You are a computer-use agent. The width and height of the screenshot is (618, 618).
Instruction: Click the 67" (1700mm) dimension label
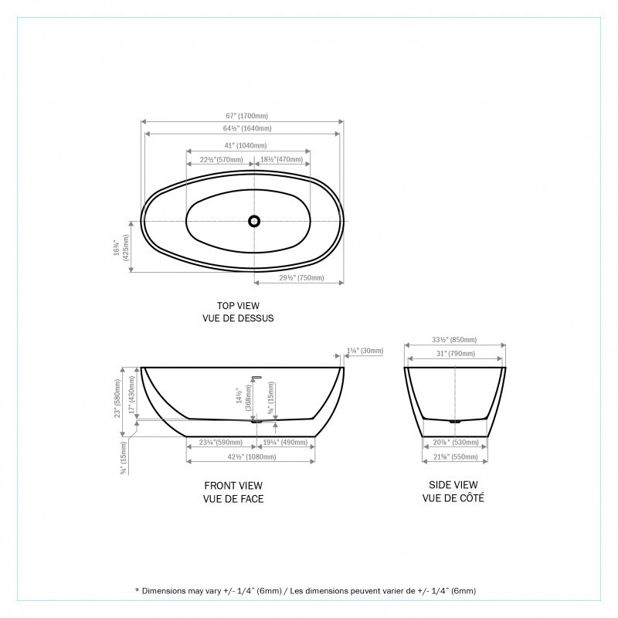(x=243, y=116)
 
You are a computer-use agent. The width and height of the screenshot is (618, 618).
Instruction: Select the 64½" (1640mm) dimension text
(x=243, y=128)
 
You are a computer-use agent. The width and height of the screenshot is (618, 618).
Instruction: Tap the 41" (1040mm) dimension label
(x=248, y=145)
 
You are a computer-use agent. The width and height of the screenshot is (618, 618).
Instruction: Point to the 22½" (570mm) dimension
(x=219, y=159)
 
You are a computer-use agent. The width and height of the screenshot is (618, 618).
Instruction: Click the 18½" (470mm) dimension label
(x=282, y=159)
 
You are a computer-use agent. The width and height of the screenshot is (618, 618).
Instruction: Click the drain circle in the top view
(x=254, y=221)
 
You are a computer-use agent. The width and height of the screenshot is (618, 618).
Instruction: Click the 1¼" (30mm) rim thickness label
(x=366, y=351)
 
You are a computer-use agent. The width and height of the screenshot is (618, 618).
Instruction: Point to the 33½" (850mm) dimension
(x=455, y=340)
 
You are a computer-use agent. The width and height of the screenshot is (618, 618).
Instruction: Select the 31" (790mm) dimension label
(x=455, y=355)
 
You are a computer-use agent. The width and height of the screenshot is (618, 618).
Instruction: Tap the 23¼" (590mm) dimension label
(x=220, y=443)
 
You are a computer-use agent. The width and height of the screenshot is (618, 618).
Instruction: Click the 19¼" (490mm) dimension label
(x=284, y=443)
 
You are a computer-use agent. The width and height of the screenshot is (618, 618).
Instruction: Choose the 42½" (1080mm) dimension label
(x=250, y=457)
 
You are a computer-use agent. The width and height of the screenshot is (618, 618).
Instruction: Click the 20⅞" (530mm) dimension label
(x=455, y=443)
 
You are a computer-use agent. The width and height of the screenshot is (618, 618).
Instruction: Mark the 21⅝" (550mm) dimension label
(x=455, y=457)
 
